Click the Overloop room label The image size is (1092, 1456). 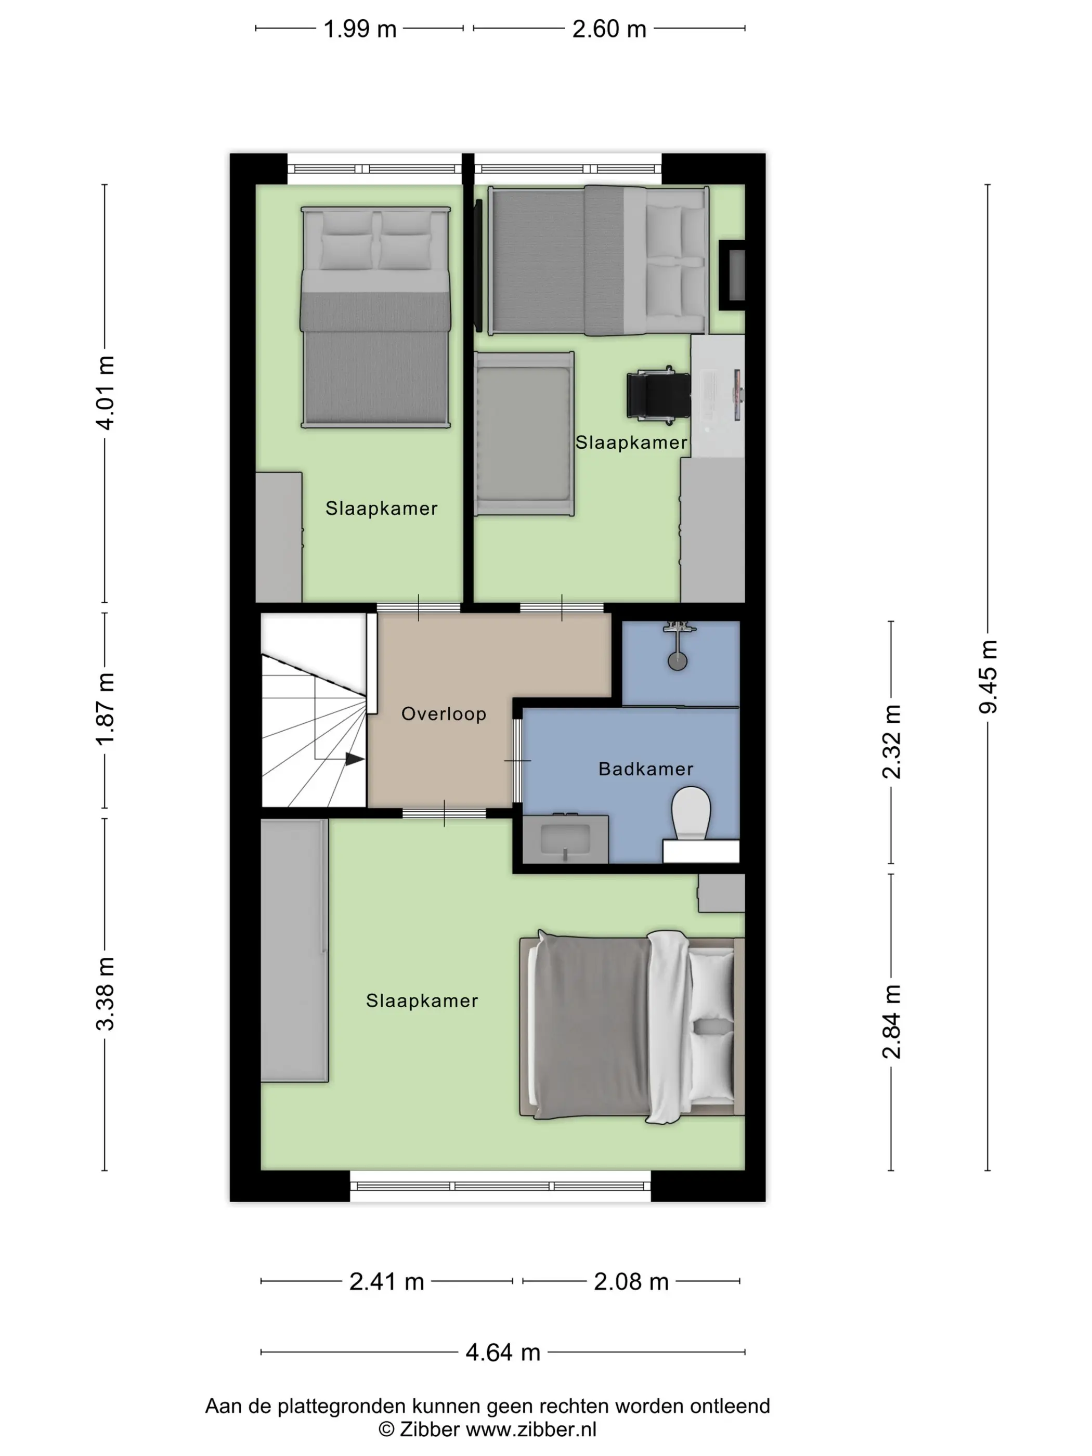444,713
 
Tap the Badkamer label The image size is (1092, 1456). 645,769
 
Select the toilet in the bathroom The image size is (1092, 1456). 691,814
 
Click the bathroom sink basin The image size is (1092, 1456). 565,839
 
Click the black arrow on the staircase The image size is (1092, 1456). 355,759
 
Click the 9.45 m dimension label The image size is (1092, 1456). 988,676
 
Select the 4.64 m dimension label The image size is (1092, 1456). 503,1352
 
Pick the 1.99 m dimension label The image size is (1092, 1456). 360,29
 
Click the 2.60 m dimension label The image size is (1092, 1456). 609,29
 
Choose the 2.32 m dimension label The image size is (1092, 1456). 891,742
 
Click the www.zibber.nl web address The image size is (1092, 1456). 531,1429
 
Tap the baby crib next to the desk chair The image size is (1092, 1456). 524,434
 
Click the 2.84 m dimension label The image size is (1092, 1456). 891,1022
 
